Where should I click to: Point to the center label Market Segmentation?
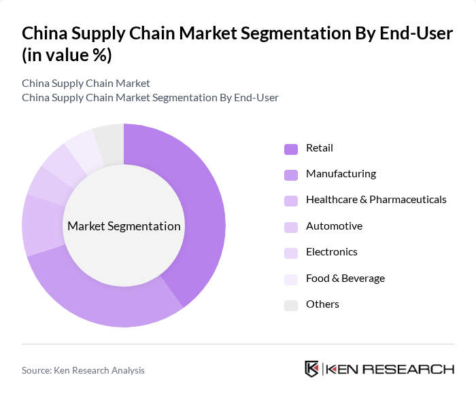(124, 226)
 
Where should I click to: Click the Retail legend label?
(320, 148)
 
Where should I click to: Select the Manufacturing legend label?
(341, 174)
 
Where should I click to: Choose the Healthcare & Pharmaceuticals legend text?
(376, 200)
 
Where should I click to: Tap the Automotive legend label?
(334, 226)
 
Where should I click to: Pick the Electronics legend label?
(331, 252)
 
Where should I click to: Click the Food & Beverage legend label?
(345, 279)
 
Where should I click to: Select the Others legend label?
(322, 304)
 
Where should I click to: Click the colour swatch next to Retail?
(290, 149)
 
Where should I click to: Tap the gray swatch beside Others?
(290, 305)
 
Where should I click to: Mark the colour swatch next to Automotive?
(290, 227)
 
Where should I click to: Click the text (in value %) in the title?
(67, 56)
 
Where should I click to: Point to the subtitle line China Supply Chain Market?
(86, 84)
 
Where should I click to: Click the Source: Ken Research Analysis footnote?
(83, 370)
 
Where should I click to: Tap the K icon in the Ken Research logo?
(311, 370)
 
